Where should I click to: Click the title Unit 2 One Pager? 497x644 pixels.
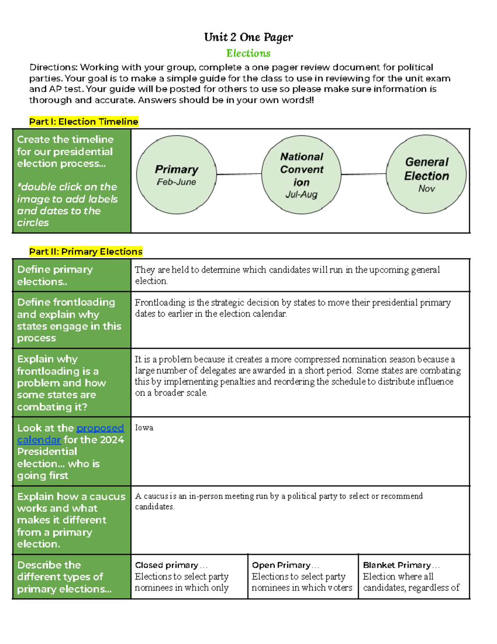[x=248, y=37]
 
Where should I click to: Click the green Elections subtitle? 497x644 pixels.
[x=248, y=53]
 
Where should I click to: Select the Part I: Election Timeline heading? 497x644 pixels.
[x=83, y=122]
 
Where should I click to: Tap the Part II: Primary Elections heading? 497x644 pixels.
[x=85, y=252]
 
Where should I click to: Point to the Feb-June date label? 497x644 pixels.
[x=176, y=182]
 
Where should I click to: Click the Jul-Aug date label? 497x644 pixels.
[x=301, y=194]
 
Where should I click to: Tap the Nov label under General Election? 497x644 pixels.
[x=426, y=189]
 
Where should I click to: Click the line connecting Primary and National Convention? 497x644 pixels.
[x=239, y=174]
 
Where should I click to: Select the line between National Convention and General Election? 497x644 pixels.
[x=364, y=174]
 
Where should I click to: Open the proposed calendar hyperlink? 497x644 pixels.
[x=100, y=428]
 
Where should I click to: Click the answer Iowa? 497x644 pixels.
[x=144, y=428]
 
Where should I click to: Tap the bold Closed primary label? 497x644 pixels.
[x=166, y=565]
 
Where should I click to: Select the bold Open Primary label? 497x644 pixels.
[x=281, y=565]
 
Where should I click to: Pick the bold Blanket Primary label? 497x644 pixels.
[x=397, y=565]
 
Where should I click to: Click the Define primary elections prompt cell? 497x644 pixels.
[x=72, y=275]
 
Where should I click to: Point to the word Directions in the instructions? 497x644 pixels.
[x=53, y=67]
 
